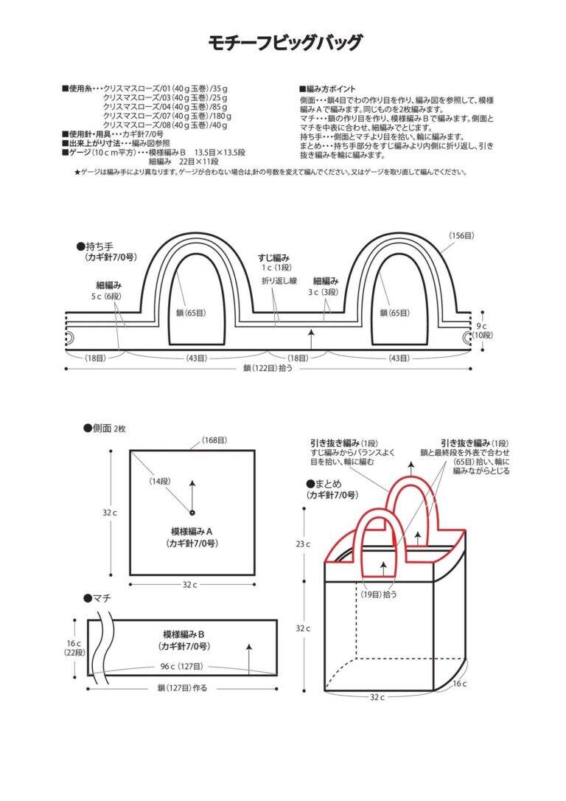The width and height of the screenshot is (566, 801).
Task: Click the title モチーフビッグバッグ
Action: (x=284, y=43)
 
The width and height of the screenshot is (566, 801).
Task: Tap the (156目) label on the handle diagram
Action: (x=461, y=235)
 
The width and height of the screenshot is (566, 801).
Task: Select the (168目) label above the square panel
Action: (x=214, y=440)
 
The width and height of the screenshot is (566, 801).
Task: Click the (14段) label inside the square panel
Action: (x=160, y=481)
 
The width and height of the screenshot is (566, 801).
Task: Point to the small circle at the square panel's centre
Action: (x=192, y=513)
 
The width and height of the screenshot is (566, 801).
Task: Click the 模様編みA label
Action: (x=192, y=532)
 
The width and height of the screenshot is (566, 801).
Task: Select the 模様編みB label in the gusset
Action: (x=184, y=634)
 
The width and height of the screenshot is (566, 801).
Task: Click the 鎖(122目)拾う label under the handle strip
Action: (x=268, y=368)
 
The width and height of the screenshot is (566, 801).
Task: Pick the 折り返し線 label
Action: (x=279, y=280)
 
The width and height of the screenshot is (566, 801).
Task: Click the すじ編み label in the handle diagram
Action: (x=274, y=258)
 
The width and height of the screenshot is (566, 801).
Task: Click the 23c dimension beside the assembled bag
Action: (x=303, y=544)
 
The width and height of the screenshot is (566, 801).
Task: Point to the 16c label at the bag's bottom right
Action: (x=459, y=684)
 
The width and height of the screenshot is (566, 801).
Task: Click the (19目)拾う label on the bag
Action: (x=378, y=594)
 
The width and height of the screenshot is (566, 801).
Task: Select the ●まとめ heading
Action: (x=324, y=483)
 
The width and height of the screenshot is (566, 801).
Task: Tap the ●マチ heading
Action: (x=97, y=597)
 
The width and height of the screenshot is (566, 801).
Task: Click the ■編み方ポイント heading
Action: (x=327, y=89)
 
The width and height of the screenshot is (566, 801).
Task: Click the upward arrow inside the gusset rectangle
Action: (x=248, y=659)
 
